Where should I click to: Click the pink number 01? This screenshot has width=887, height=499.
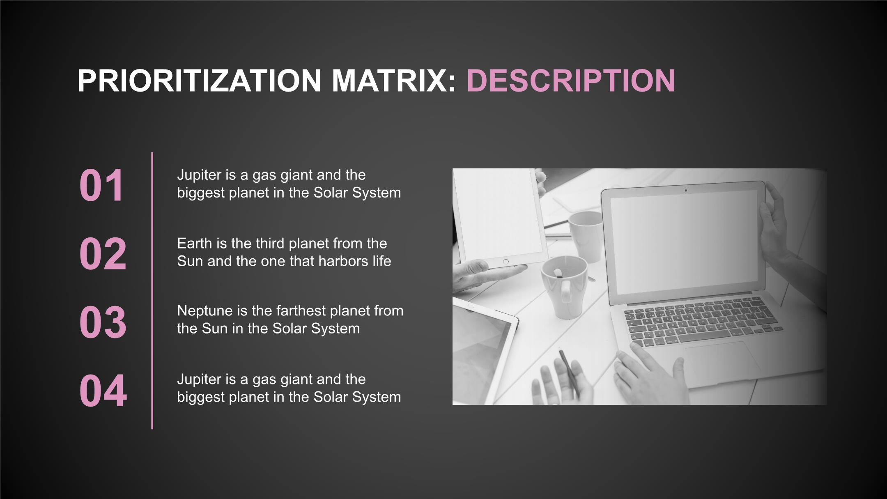[x=101, y=185]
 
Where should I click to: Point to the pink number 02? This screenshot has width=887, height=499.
[x=103, y=254]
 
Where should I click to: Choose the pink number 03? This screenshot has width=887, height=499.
[x=103, y=322]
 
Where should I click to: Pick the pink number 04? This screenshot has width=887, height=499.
[x=103, y=391]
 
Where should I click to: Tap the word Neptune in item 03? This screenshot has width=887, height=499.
[x=205, y=311]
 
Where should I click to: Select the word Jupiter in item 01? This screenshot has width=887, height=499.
[x=199, y=175]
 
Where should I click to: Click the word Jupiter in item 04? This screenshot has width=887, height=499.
[x=199, y=379]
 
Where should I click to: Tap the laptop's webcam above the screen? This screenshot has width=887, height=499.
[x=685, y=191]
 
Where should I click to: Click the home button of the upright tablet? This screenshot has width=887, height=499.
[x=506, y=262]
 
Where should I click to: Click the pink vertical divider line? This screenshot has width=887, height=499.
[x=152, y=291]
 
